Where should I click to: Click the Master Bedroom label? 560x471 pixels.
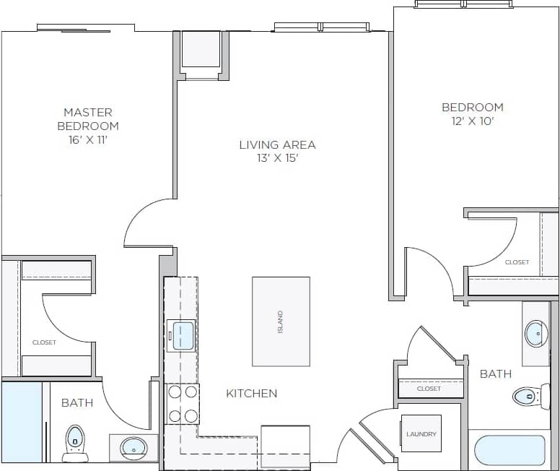[88, 119]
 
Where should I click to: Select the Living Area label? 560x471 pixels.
[277, 144]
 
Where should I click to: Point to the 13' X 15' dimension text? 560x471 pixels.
[277, 159]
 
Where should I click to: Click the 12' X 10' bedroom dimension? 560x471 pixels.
[473, 121]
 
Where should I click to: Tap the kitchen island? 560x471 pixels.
[281, 321]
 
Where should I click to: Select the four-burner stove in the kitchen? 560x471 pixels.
[183, 404]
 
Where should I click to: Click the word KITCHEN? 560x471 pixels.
[252, 394]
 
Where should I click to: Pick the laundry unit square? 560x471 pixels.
[421, 433]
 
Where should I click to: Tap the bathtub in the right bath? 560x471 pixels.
[509, 450]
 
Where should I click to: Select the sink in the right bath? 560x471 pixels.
[535, 334]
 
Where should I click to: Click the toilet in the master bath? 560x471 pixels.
[75, 442]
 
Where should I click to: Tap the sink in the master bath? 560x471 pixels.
[133, 448]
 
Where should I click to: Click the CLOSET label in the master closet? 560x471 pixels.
[44, 342]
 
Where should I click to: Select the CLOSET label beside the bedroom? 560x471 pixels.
[517, 262]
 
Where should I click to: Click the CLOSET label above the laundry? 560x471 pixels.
[429, 389]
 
